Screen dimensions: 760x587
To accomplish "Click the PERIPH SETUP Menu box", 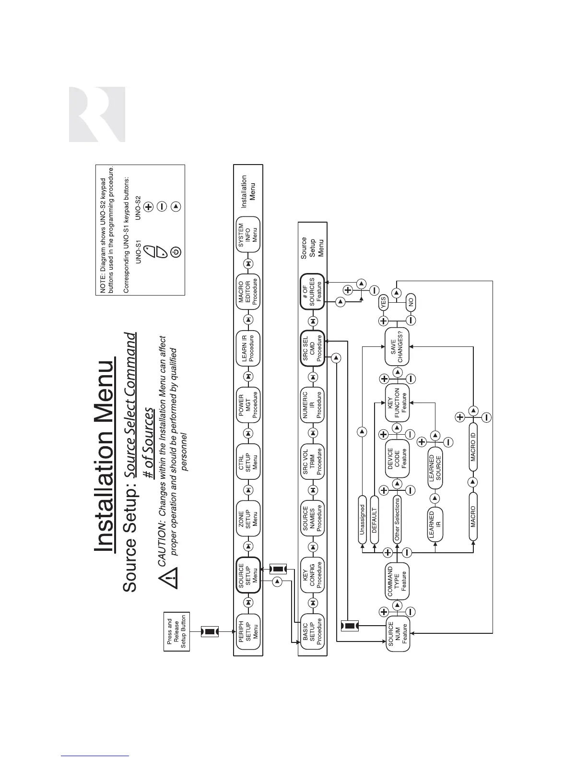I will point(248,631).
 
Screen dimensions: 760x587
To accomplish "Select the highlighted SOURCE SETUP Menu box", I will point(248,575).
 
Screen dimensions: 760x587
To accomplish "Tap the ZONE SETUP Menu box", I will point(248,519).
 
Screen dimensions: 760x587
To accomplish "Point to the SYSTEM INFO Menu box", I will point(248,235).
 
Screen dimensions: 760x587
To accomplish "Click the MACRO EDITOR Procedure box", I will point(248,291).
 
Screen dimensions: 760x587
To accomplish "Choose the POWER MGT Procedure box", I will point(248,404).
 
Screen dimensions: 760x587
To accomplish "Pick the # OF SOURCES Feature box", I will point(312,291).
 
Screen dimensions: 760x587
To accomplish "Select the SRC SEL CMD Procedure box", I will point(312,348).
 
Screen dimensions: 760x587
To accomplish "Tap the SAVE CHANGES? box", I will point(397,348).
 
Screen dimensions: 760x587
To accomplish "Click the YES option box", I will point(383,302).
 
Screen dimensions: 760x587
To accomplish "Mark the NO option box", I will point(411,302).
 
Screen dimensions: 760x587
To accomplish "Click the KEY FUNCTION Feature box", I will point(397,404).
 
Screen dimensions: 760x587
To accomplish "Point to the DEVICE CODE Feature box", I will point(397,461).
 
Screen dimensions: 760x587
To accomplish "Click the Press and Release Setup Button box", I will point(176,631).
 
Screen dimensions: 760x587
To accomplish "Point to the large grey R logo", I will point(97,114).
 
